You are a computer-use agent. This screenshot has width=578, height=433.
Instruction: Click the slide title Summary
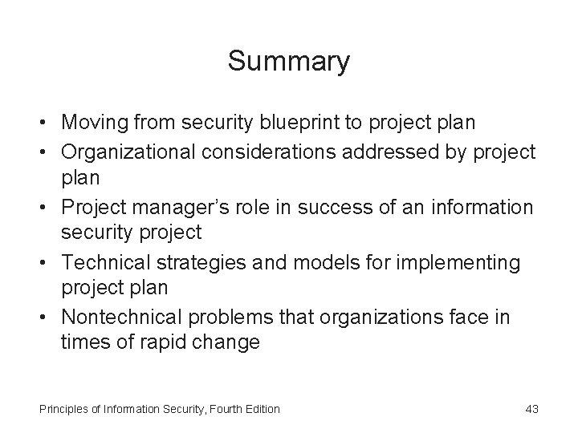pyautogui.click(x=288, y=61)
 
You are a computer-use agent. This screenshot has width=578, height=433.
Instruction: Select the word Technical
pyautogui.click(x=102, y=262)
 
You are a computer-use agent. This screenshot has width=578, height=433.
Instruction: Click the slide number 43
pyautogui.click(x=531, y=409)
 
